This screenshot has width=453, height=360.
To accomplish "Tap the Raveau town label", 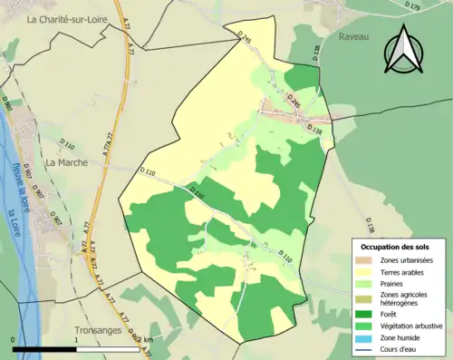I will (x=355, y=37).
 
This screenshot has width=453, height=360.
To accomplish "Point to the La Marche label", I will (x=65, y=163).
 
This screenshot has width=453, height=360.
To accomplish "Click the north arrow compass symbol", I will (x=402, y=50).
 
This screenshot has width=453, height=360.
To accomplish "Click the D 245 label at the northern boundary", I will (x=243, y=39).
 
